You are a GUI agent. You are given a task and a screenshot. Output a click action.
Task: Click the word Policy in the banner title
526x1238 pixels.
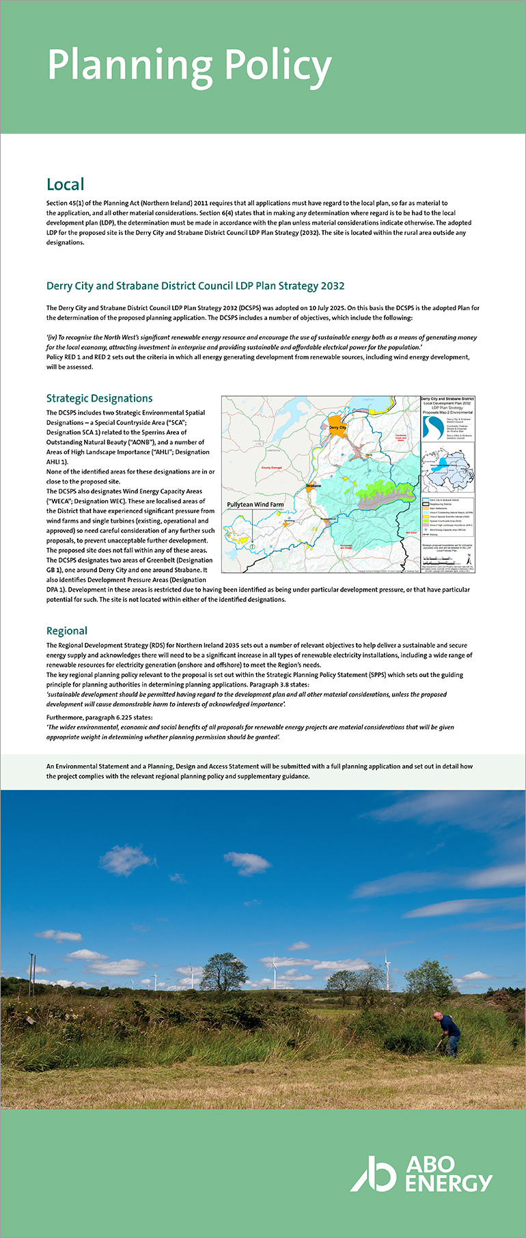277,66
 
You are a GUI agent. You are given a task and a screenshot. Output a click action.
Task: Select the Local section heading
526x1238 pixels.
66,184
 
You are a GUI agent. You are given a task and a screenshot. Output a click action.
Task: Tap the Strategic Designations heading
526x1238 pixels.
99,398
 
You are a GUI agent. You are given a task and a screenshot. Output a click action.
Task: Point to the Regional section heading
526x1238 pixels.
67,631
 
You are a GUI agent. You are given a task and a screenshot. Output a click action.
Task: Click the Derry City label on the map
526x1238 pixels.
337,427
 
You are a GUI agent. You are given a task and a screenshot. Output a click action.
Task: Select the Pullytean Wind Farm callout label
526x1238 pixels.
255,504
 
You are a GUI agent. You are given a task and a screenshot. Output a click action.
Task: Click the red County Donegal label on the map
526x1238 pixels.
271,468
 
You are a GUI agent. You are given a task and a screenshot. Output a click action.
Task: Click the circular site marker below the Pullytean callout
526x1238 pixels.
251,547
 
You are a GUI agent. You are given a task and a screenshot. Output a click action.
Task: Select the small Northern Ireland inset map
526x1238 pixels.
447,468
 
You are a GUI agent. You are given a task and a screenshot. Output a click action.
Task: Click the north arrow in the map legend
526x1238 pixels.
469,558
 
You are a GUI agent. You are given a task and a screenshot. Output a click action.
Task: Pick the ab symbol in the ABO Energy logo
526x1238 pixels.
373,1173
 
